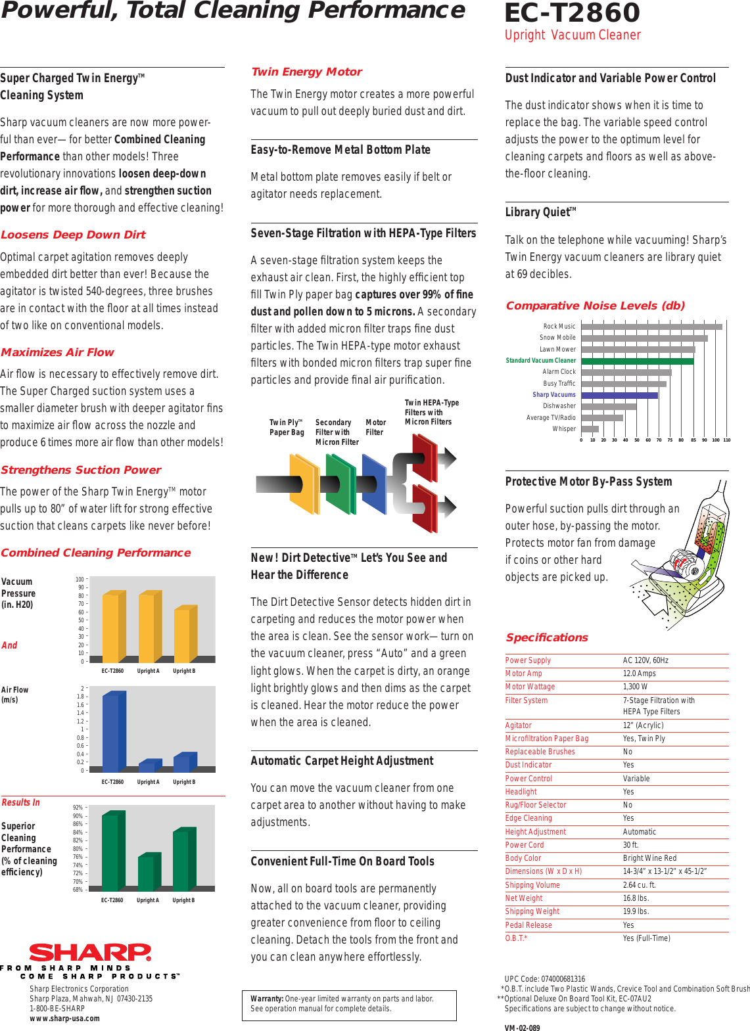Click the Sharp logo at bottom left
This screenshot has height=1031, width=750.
(x=90, y=952)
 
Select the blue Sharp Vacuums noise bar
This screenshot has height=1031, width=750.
(x=619, y=395)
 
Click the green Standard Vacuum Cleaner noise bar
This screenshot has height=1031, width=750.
(x=637, y=361)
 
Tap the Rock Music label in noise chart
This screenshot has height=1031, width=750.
(x=559, y=326)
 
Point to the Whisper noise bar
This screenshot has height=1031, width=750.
(x=590, y=429)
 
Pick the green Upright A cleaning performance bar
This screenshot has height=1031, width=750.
(x=149, y=872)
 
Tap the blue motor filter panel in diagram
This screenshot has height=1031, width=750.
(x=373, y=485)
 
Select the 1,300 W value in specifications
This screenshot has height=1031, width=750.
(x=635, y=687)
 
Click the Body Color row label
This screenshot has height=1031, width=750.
(x=523, y=858)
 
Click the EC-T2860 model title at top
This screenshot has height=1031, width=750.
(x=572, y=13)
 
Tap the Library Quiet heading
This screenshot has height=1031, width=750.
(x=540, y=212)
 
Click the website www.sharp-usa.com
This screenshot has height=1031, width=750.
(x=64, y=1019)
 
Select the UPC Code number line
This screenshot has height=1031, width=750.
(x=544, y=978)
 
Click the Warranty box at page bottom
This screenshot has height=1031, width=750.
(x=349, y=1005)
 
